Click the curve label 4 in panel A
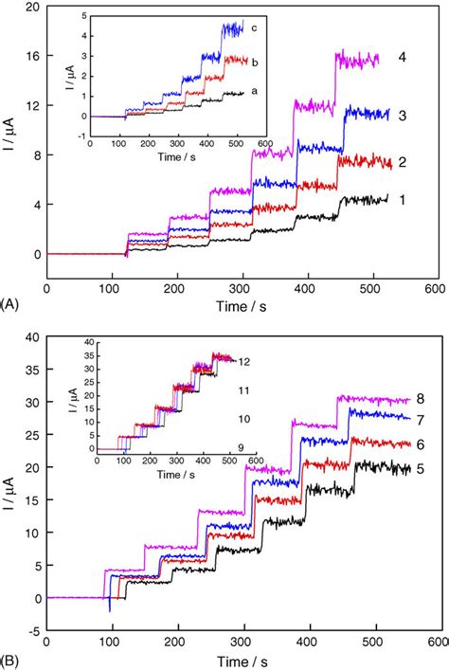[x=403, y=58]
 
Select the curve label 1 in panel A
[x=403, y=201]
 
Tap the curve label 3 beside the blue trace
[x=403, y=115]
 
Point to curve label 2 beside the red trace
[x=403, y=163]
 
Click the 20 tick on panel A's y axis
[x=32, y=8]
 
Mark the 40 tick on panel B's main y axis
[x=32, y=337]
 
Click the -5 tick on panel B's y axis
[x=32, y=631]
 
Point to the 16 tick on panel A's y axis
[x=32, y=57]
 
